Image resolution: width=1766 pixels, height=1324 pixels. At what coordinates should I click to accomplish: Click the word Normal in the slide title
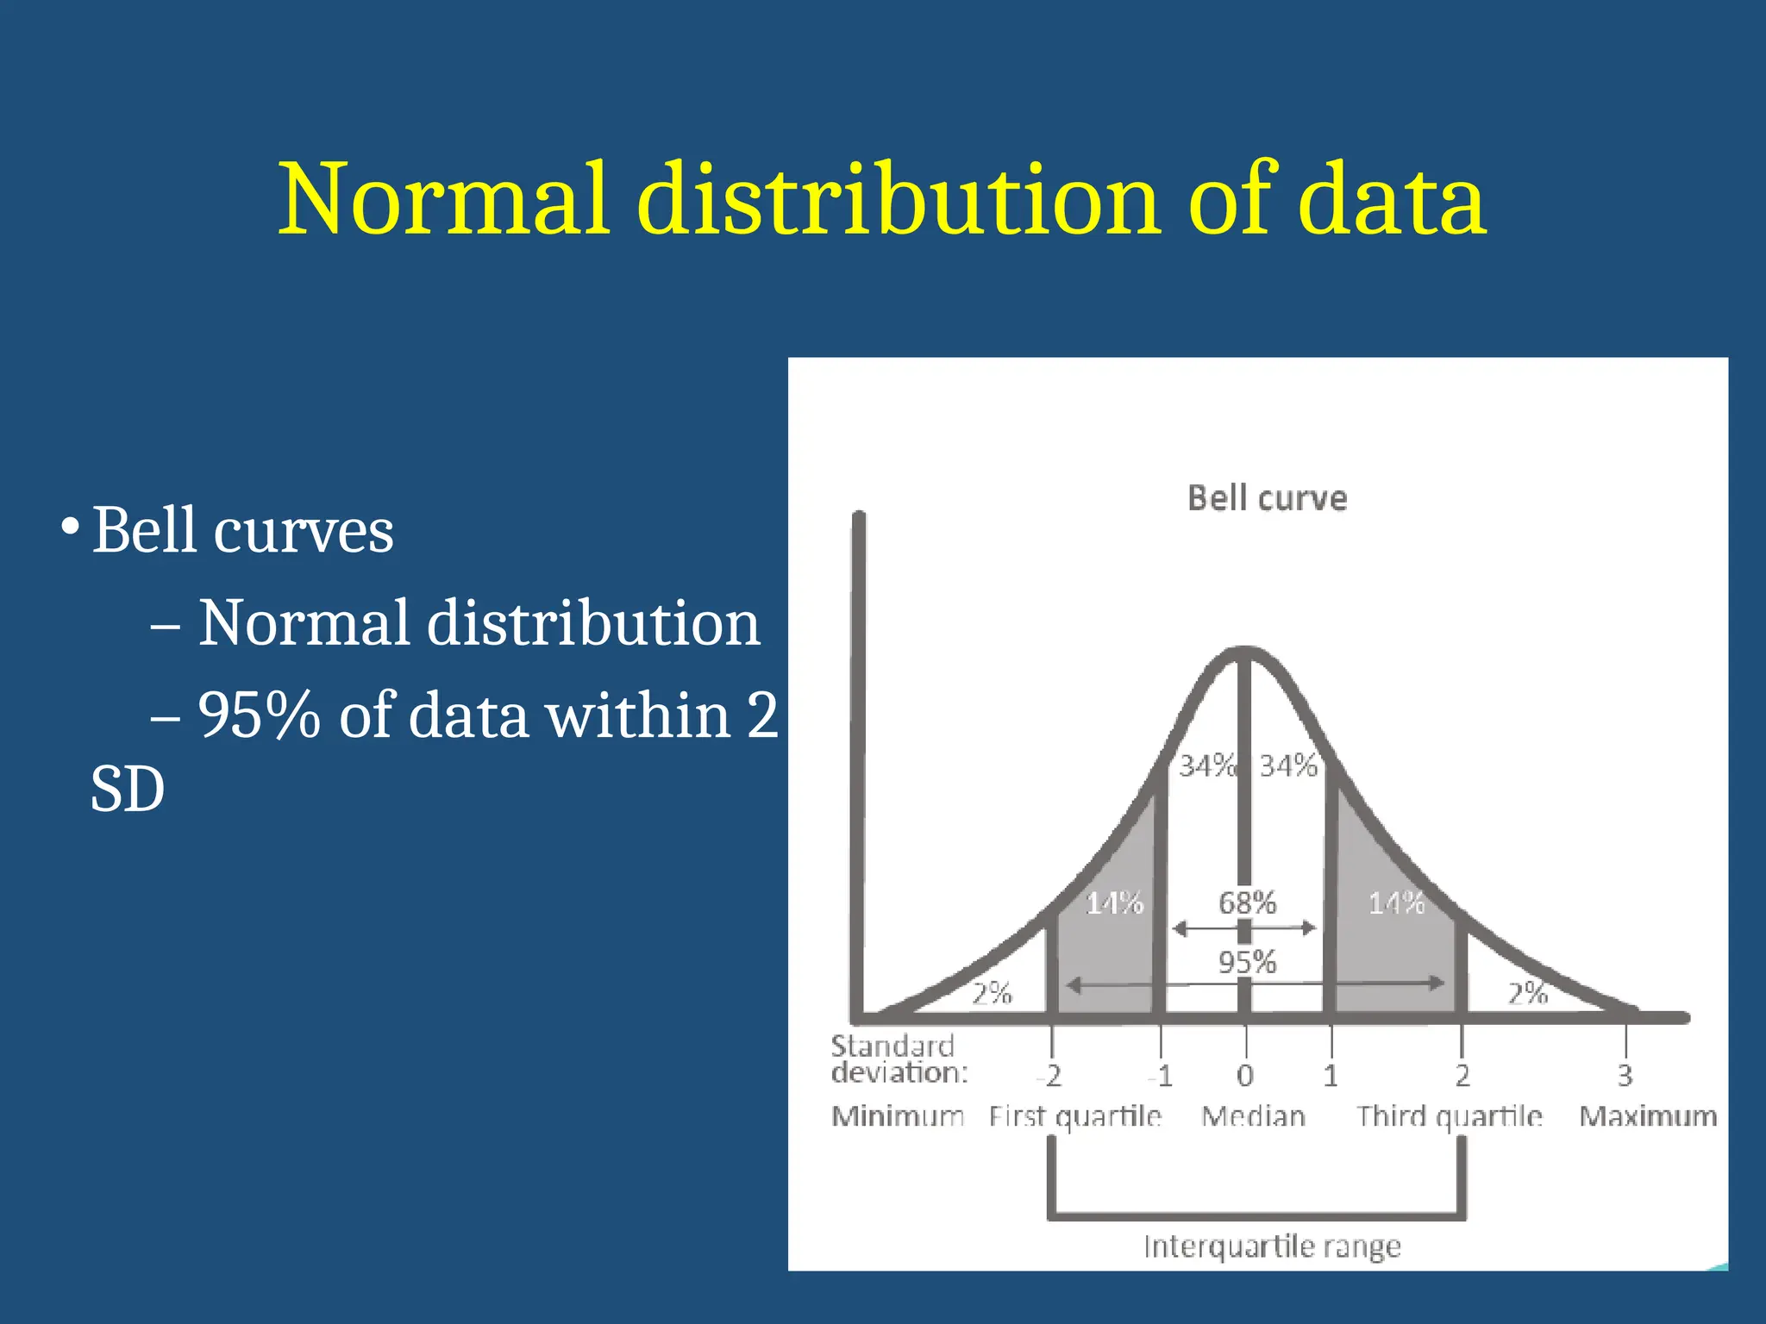444,200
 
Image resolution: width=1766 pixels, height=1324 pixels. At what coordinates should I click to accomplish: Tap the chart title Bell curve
1267,498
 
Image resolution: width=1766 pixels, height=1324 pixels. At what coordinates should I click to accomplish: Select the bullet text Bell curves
242,530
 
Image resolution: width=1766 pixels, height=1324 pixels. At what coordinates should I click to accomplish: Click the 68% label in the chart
1247,902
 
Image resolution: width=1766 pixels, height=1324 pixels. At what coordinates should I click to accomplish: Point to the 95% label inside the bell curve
1247,962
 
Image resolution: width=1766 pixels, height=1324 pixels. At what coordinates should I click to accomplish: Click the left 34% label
1207,765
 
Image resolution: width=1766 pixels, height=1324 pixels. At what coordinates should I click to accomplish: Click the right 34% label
1288,765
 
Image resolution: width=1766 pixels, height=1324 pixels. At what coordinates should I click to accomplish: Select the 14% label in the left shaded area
1114,902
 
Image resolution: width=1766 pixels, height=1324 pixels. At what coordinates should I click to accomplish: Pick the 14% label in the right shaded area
1396,902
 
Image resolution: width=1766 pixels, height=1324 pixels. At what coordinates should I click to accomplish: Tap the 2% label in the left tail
992,994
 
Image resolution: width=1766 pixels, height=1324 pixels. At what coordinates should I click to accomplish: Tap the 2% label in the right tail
1527,994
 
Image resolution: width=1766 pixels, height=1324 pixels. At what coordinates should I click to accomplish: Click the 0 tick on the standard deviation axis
1245,1075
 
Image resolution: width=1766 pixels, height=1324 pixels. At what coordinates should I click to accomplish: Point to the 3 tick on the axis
1625,1075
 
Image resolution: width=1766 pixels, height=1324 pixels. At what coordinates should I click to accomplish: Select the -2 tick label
1049,1076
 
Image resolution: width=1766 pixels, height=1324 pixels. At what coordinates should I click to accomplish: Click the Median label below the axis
1253,1116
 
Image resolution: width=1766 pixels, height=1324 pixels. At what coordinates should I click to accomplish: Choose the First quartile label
1075,1116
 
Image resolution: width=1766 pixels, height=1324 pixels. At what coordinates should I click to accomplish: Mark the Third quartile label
1449,1116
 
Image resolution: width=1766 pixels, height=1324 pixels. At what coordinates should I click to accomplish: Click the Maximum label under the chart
1648,1116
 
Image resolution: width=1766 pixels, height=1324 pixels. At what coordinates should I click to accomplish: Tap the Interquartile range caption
1272,1246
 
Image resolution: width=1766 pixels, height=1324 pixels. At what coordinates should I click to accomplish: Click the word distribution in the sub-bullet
593,622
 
